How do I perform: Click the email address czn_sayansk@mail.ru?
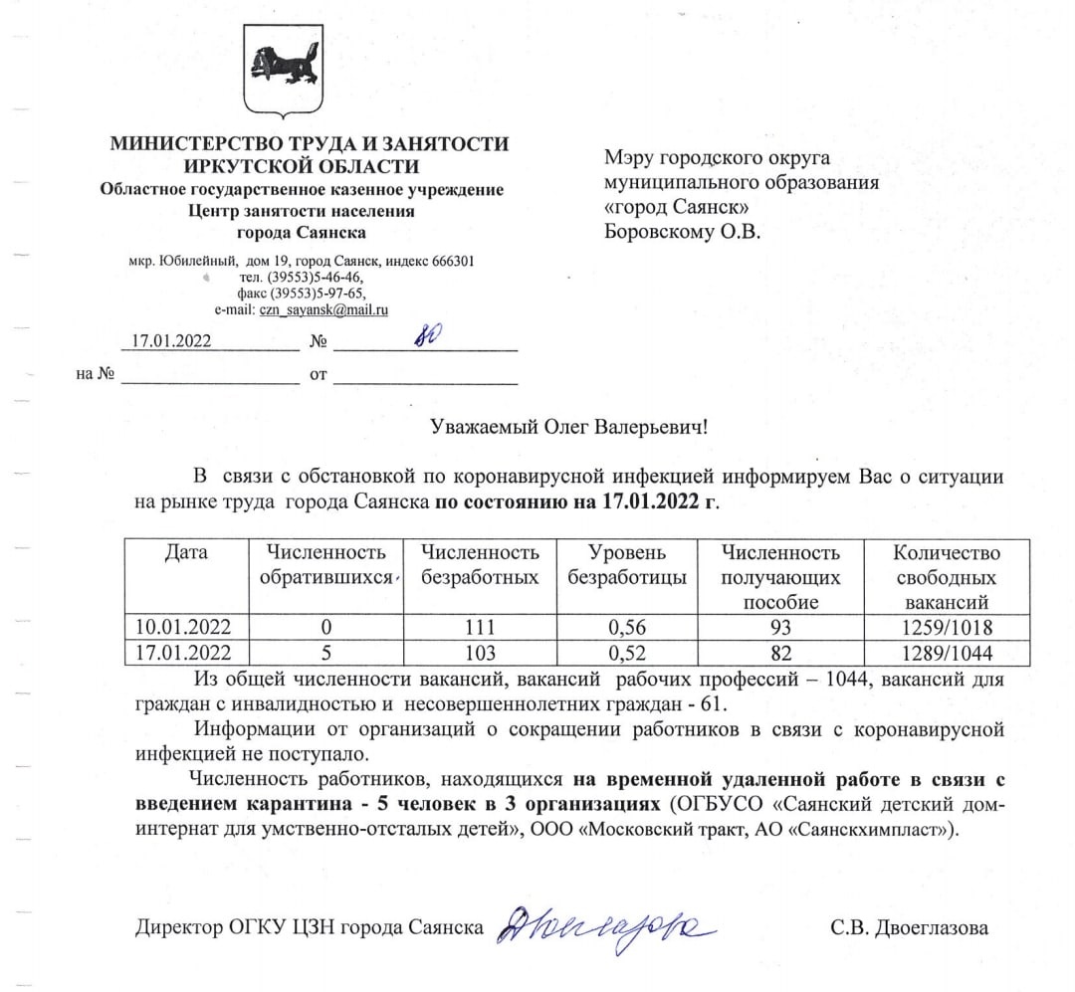tap(323, 309)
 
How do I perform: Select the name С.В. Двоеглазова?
tap(910, 928)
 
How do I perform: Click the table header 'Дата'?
tap(185, 553)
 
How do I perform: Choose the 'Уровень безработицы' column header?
tap(627, 565)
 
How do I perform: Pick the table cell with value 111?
tap(480, 628)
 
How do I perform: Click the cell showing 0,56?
tap(627, 628)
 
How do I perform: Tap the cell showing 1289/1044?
tap(947, 654)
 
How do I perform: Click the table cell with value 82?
tap(780, 654)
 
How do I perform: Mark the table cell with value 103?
tap(480, 654)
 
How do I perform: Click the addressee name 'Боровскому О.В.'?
tap(682, 233)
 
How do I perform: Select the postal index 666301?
tap(454, 262)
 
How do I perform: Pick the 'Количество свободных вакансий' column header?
tap(947, 577)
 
